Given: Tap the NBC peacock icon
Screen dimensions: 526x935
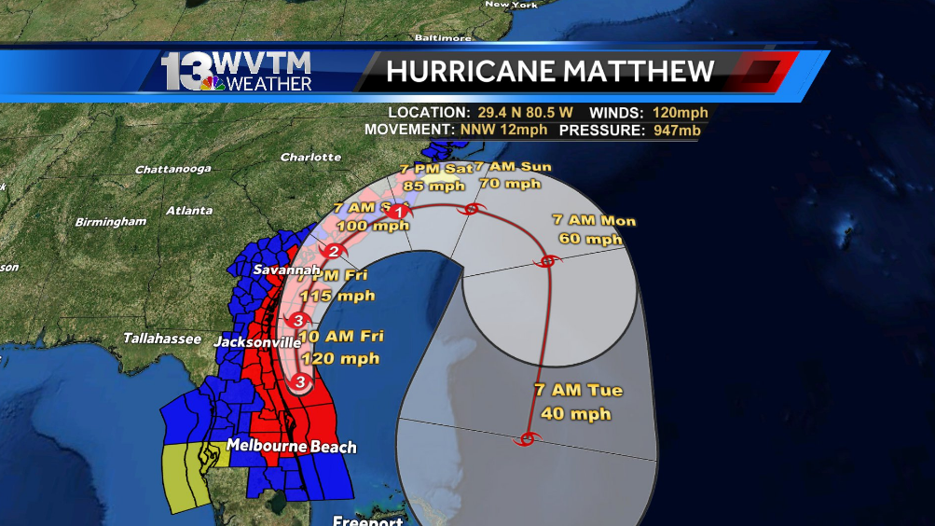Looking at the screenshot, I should coord(213,84).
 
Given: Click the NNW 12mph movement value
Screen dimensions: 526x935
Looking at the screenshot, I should coord(503,130).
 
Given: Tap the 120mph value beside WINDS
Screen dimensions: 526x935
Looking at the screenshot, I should coord(680,112).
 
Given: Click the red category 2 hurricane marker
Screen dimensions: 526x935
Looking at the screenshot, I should coord(333,251).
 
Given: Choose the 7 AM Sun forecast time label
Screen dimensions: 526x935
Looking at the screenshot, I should coord(512,167).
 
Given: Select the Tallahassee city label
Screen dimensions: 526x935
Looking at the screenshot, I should coord(162,339).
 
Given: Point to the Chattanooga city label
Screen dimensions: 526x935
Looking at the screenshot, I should coord(171,170).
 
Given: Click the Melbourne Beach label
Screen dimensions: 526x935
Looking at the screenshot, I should coord(291,447).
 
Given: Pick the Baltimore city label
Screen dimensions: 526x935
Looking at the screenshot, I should coord(442,38).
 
